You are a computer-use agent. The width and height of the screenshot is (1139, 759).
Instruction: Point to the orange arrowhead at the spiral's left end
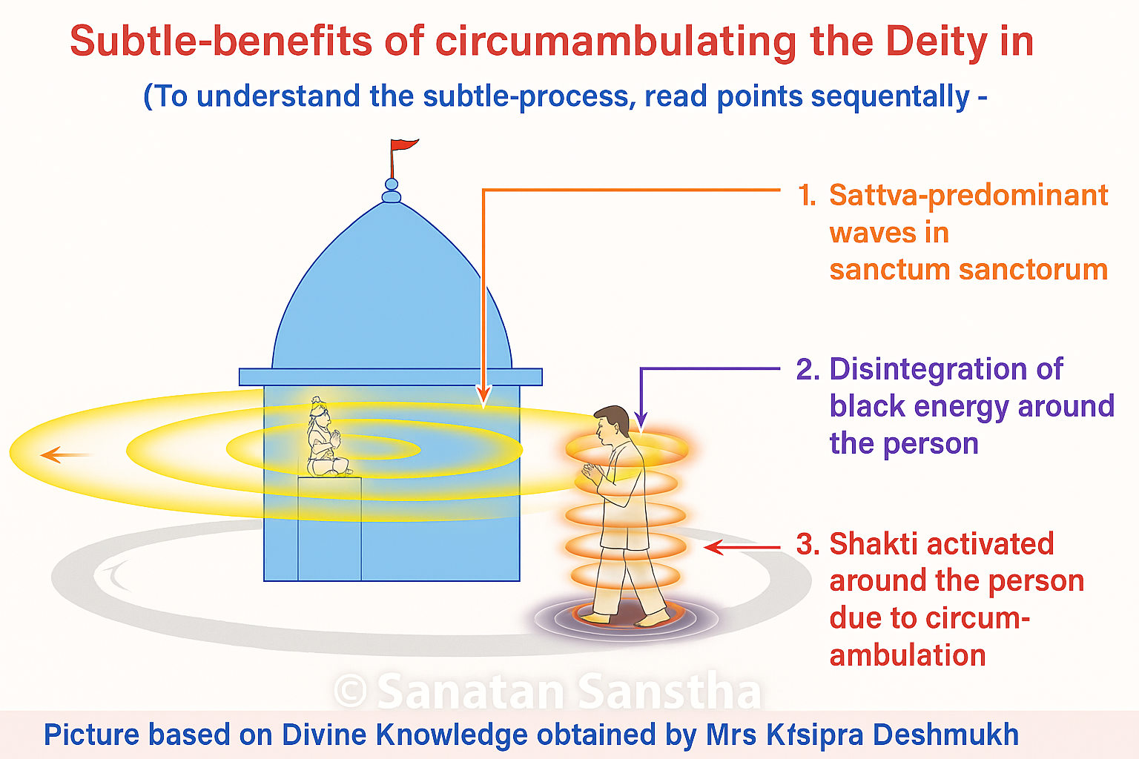click(50, 454)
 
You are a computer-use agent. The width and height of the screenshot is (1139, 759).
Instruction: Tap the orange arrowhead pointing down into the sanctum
click(483, 396)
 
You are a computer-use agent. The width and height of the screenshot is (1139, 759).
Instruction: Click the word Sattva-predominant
click(968, 195)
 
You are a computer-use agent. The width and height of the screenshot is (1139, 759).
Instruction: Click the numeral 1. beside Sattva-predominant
click(807, 196)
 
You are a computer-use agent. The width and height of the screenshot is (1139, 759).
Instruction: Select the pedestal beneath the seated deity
click(329, 528)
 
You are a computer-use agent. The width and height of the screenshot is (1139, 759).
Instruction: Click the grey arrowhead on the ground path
click(111, 572)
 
